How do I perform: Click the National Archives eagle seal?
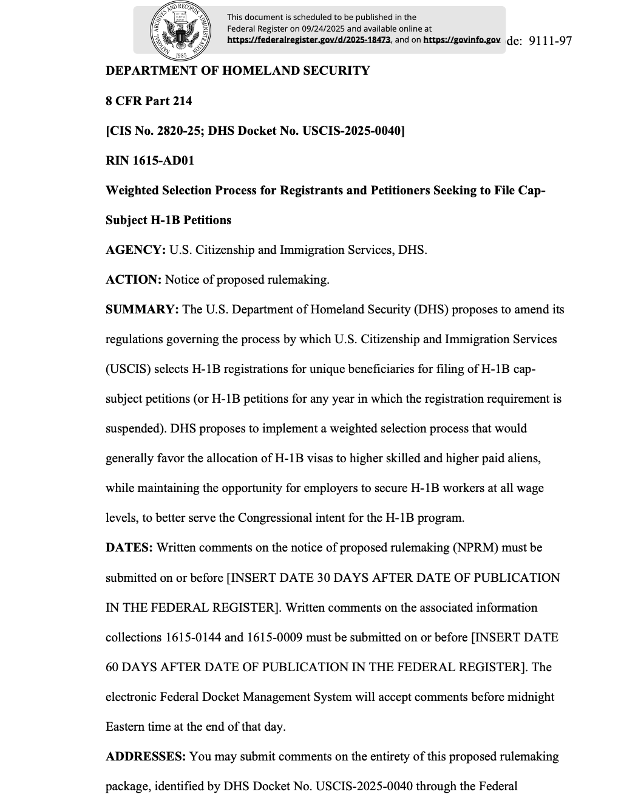pos(180,30)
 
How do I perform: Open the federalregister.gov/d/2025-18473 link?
pos(309,40)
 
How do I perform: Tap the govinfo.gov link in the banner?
pos(461,40)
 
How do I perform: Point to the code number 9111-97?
pos(551,41)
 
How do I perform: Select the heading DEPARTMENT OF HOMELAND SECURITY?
pos(237,70)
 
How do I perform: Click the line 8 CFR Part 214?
pos(149,101)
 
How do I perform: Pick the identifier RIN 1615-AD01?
pos(150,160)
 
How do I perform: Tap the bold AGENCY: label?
pos(135,250)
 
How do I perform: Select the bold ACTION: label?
pos(134,279)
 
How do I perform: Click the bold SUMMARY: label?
pos(142,309)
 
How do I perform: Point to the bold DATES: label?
pos(129,547)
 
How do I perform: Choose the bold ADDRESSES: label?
pos(146,756)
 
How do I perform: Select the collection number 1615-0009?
pos(274,637)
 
